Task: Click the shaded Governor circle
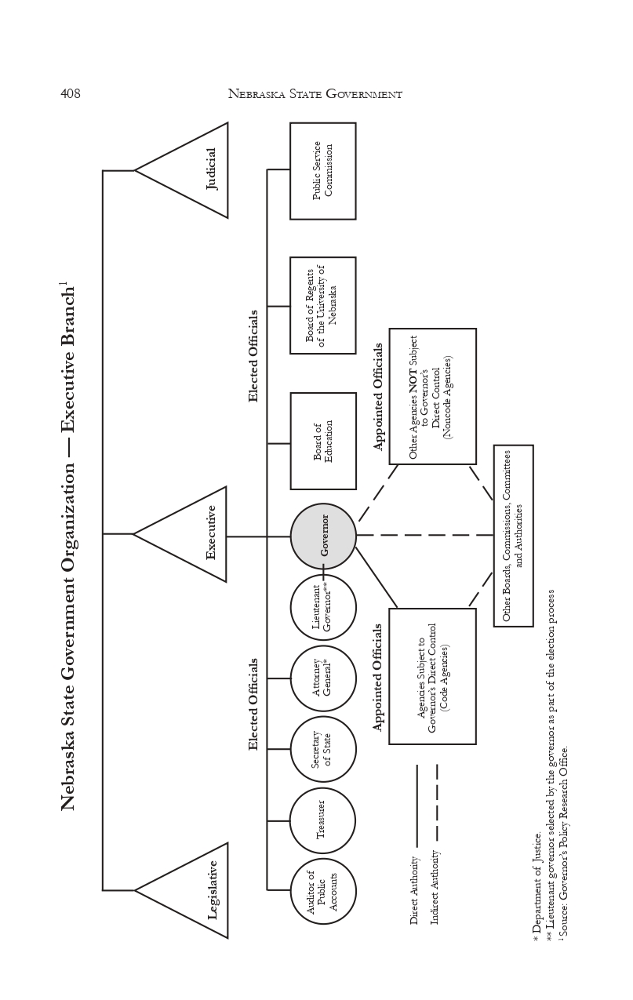[323, 536]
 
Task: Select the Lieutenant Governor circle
[323, 608]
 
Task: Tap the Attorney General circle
[323, 678]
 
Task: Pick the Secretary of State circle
[323, 749]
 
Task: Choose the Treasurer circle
[323, 820]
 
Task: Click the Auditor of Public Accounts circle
[323, 892]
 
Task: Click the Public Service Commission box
[323, 171]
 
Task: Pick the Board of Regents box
[323, 305]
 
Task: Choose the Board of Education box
[323, 441]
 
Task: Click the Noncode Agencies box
[432, 396]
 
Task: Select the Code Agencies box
[432, 676]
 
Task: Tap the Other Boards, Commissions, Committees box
[513, 536]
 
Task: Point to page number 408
[71, 94]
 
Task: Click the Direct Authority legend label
[414, 890]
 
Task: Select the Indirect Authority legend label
[435, 887]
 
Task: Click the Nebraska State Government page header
[315, 94]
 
